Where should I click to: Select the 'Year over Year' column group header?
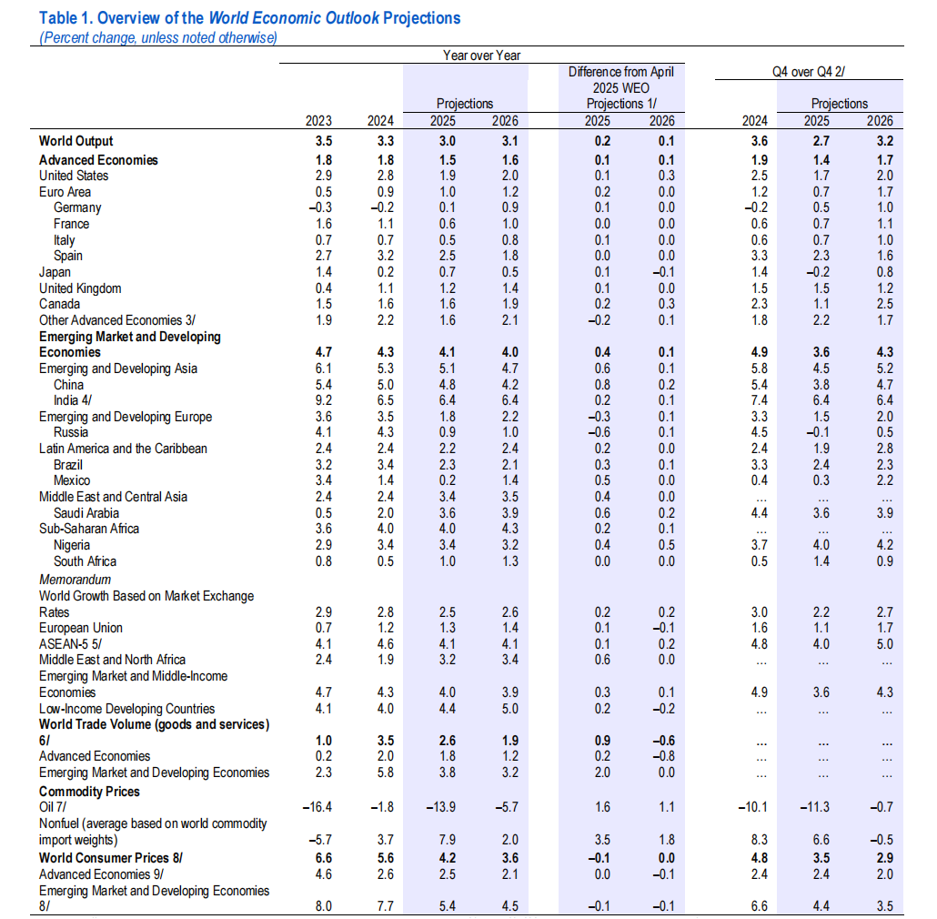tap(481, 56)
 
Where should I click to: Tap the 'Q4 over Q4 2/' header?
tap(809, 72)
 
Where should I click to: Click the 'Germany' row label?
tap(77, 208)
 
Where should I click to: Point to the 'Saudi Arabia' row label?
tap(86, 513)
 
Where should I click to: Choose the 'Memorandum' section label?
tap(76, 580)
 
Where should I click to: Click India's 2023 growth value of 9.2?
tap(324, 400)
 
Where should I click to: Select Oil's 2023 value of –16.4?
tap(317, 807)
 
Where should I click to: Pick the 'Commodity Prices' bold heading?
tap(90, 792)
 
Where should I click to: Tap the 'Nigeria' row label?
tap(72, 545)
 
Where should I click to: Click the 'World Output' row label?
tap(76, 141)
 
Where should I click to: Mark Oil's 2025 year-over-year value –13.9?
tap(440, 807)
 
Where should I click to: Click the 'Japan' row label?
tap(55, 272)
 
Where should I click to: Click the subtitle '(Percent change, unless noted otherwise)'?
tap(158, 37)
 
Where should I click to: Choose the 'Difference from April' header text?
tap(621, 72)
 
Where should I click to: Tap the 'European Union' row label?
tap(81, 628)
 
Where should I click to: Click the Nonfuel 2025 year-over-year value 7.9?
tap(447, 840)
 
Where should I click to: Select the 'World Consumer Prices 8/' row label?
tap(111, 858)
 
